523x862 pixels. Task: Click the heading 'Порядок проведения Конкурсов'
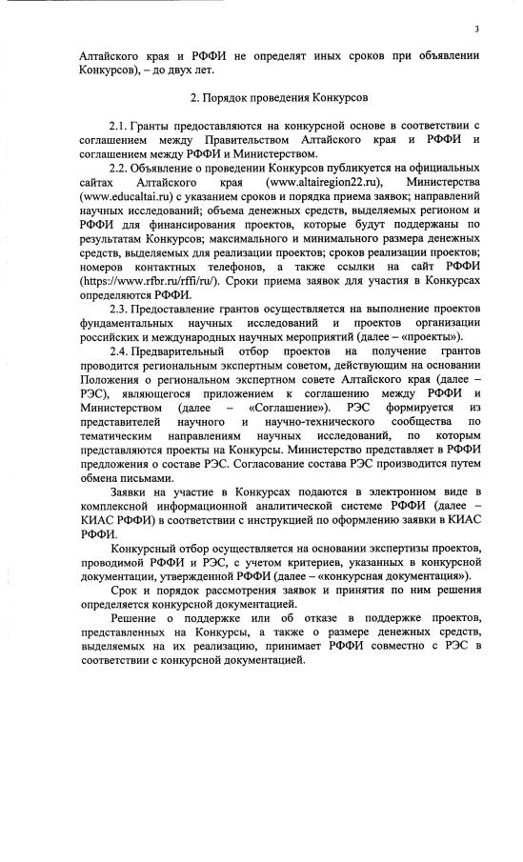point(269,97)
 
